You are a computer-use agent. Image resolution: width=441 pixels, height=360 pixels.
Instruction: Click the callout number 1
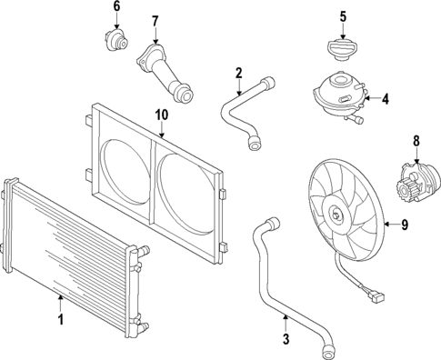(x=61, y=319)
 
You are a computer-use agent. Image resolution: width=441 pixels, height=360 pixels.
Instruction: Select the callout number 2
(x=238, y=73)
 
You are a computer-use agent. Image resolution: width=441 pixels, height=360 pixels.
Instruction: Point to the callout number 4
(x=385, y=98)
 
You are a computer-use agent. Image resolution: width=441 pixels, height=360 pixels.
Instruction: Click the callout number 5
(x=343, y=15)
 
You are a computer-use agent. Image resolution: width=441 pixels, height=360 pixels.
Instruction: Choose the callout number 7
(x=155, y=21)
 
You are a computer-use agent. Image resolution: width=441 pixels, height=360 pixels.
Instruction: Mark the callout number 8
(x=416, y=141)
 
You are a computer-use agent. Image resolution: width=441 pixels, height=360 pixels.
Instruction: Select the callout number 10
(x=162, y=115)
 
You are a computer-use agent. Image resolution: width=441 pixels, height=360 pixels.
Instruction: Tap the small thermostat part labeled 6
(x=116, y=41)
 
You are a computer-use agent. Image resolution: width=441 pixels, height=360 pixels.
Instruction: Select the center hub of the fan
(x=338, y=215)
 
